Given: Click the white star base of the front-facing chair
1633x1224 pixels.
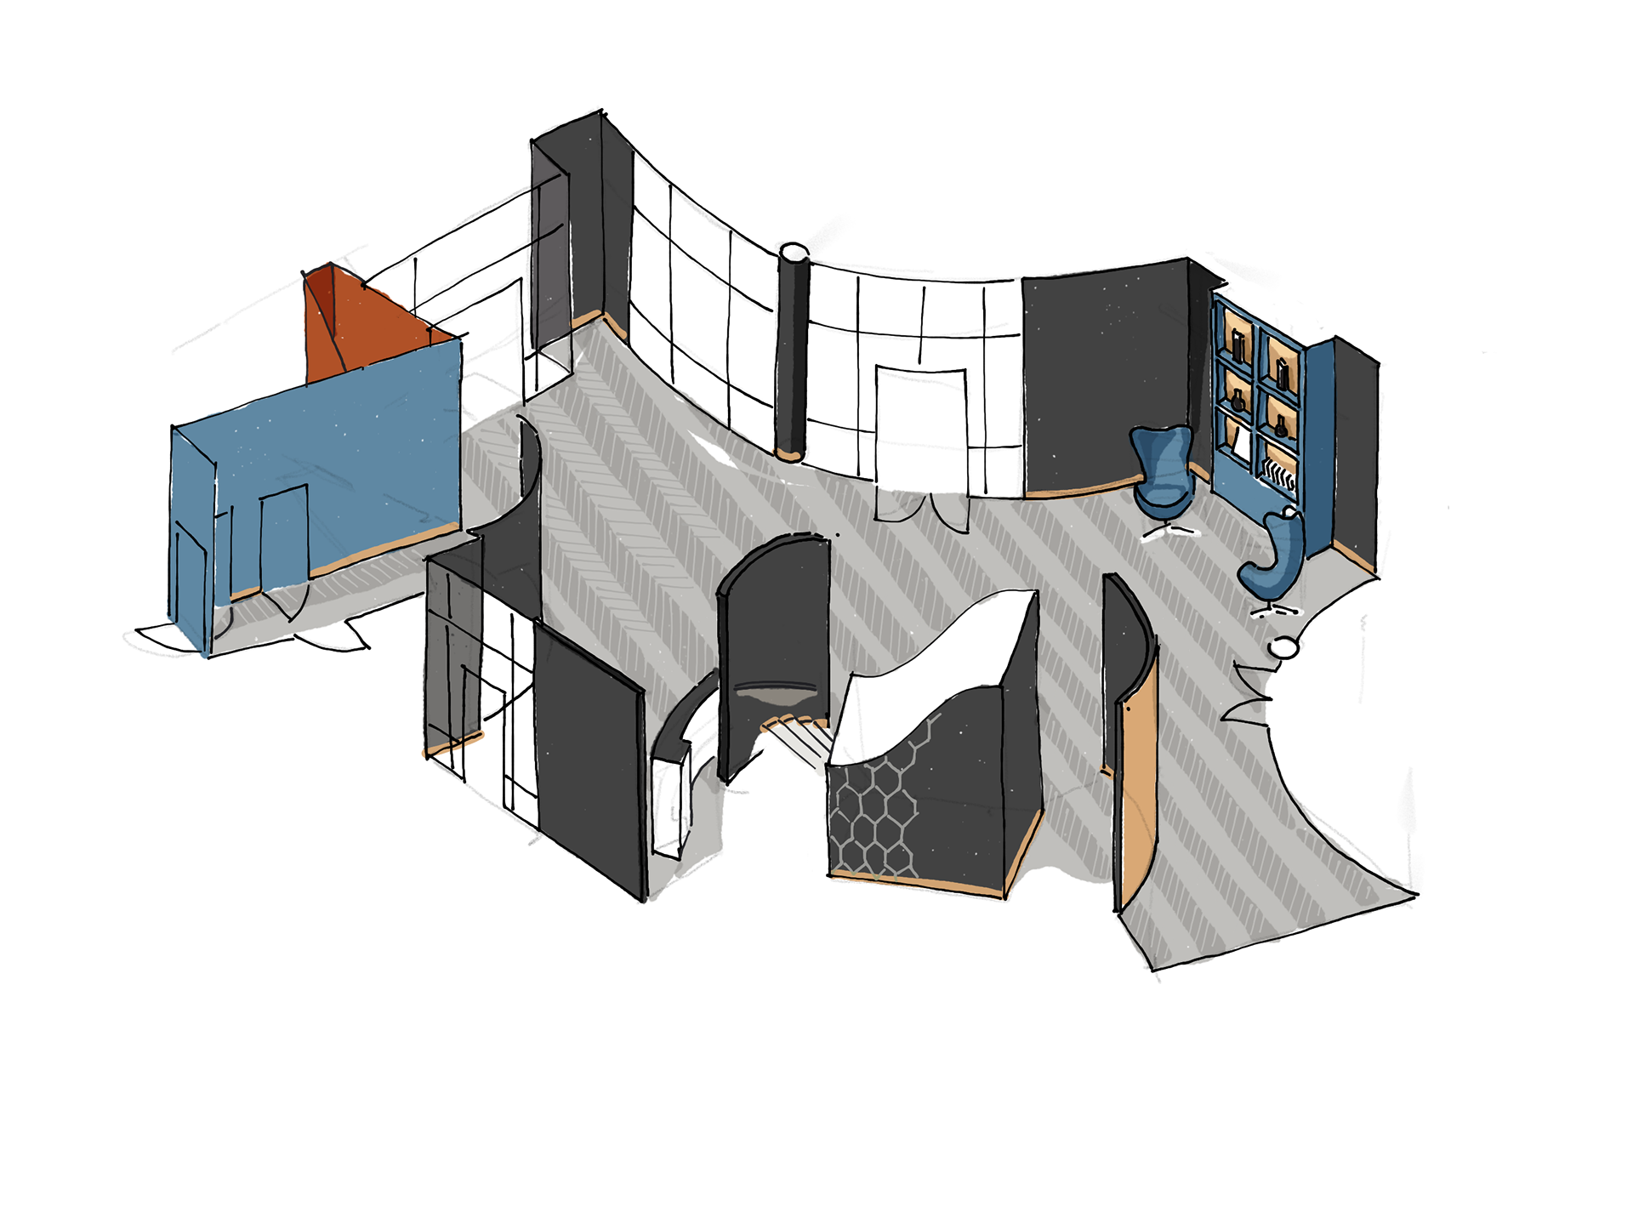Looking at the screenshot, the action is click(x=1170, y=531).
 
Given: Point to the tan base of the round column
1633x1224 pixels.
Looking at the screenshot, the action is click(x=789, y=454).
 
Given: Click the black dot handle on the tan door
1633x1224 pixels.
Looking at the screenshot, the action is click(x=1128, y=708).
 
